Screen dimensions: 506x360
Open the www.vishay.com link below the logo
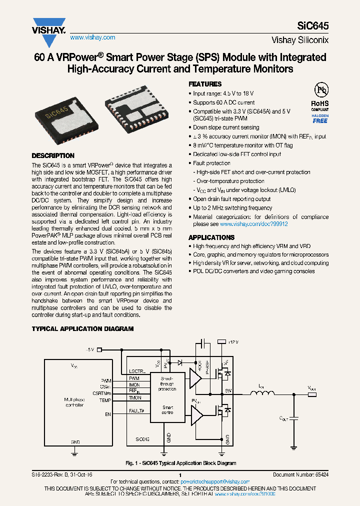point(92,37)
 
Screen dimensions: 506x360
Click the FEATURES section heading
point(204,84)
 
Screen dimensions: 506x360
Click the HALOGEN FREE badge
point(320,118)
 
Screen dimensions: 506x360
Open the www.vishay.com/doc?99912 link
point(253,224)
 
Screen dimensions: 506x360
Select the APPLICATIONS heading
point(211,237)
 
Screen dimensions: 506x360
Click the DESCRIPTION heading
point(53,155)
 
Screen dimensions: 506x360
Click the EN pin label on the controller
point(107,414)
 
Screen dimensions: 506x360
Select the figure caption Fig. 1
point(180,463)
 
